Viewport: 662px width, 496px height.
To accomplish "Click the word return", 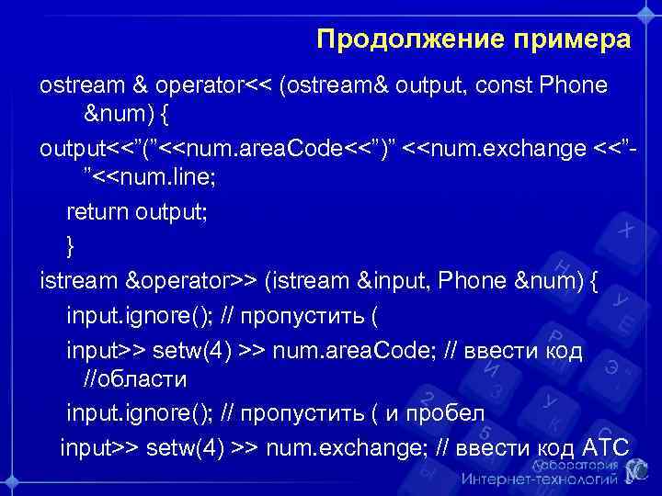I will (97, 213).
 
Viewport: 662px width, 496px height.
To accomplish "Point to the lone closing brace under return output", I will (70, 244).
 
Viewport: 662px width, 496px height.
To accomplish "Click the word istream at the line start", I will (78, 278).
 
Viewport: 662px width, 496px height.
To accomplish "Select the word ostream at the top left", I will (80, 85).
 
